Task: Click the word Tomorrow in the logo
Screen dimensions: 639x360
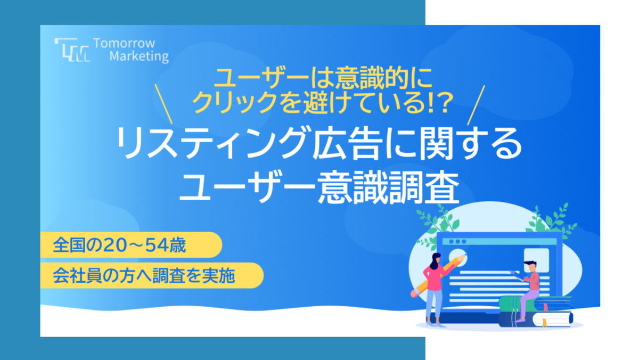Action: (x=124, y=43)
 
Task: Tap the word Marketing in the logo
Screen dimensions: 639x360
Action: (x=139, y=56)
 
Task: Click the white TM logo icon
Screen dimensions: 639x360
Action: (x=72, y=50)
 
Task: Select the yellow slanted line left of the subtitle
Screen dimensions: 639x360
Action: (x=163, y=104)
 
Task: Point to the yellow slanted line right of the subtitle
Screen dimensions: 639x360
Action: (x=476, y=105)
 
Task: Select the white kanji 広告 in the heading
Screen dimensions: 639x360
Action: (x=347, y=143)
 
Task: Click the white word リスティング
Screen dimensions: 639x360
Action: (x=212, y=143)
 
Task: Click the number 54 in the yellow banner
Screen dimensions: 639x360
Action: (x=157, y=246)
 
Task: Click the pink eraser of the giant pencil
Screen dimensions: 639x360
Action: (x=414, y=293)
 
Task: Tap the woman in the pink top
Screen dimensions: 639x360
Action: (x=434, y=289)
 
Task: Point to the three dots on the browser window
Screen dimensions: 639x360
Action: (x=457, y=242)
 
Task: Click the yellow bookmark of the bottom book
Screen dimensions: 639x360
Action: (x=544, y=322)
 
